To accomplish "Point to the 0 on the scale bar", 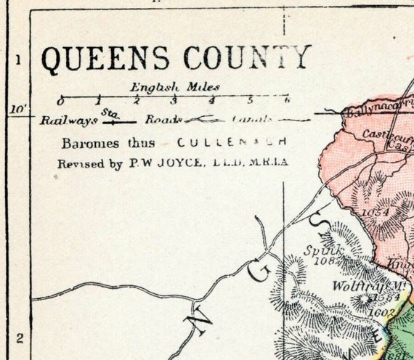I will pyautogui.click(x=61, y=100).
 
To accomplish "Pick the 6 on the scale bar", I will pyautogui.click(x=287, y=100).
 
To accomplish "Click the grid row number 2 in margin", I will pyautogui.click(x=19, y=336).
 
